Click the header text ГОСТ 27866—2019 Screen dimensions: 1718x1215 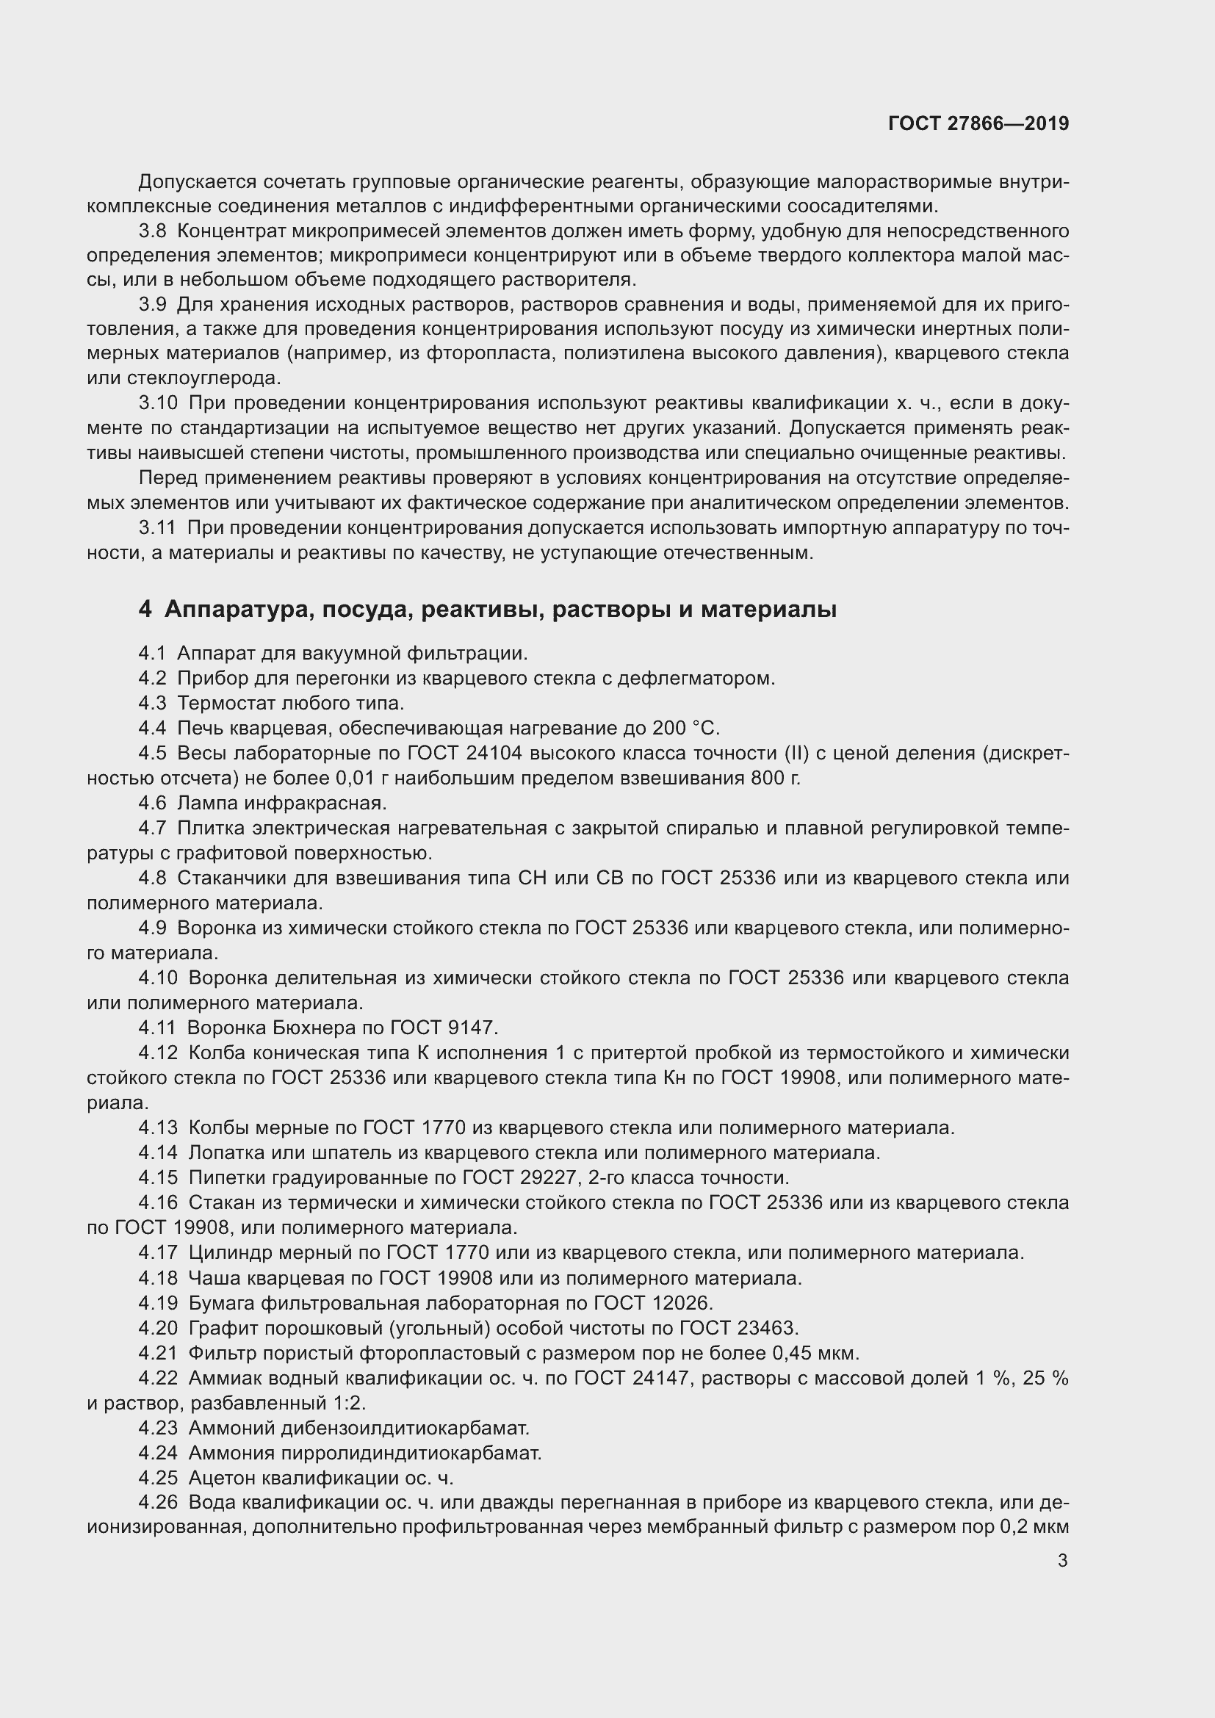(978, 123)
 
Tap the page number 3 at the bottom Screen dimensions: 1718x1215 (1062, 1561)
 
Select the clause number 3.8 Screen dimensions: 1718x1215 (153, 231)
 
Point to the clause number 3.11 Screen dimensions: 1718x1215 (157, 527)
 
